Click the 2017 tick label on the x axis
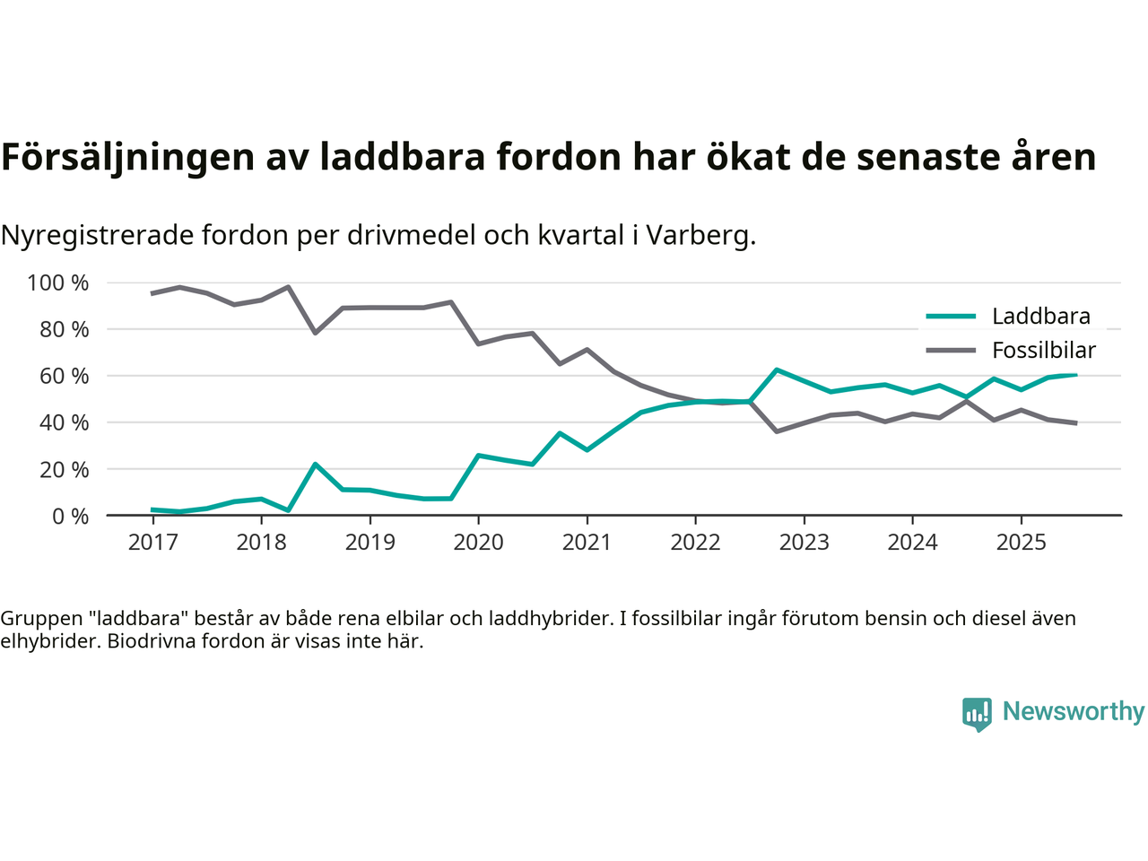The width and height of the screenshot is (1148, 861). pyautogui.click(x=152, y=543)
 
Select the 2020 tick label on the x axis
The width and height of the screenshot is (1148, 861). pyautogui.click(x=478, y=543)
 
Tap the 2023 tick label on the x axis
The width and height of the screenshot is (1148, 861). pyautogui.click(x=804, y=543)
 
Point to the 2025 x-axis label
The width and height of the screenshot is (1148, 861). pyautogui.click(x=1021, y=543)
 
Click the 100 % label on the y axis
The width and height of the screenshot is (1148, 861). pyautogui.click(x=58, y=283)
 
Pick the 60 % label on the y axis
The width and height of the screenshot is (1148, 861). pyautogui.click(x=64, y=377)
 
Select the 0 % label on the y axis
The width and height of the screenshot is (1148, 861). pyautogui.click(x=69, y=517)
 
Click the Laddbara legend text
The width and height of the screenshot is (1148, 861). pyautogui.click(x=1040, y=317)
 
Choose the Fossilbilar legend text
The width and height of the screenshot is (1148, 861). pyautogui.click(x=1044, y=351)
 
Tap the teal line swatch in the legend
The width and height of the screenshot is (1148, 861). pyautogui.click(x=951, y=317)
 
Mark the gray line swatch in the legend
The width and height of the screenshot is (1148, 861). pyautogui.click(x=951, y=351)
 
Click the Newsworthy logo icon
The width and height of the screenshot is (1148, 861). pyautogui.click(x=977, y=714)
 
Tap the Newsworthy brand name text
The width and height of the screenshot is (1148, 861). pyautogui.click(x=1074, y=712)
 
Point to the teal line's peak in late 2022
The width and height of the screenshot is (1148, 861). pyautogui.click(x=777, y=370)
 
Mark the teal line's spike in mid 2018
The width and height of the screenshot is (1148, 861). pyautogui.click(x=316, y=464)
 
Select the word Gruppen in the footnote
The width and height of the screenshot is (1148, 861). pyautogui.click(x=43, y=619)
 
